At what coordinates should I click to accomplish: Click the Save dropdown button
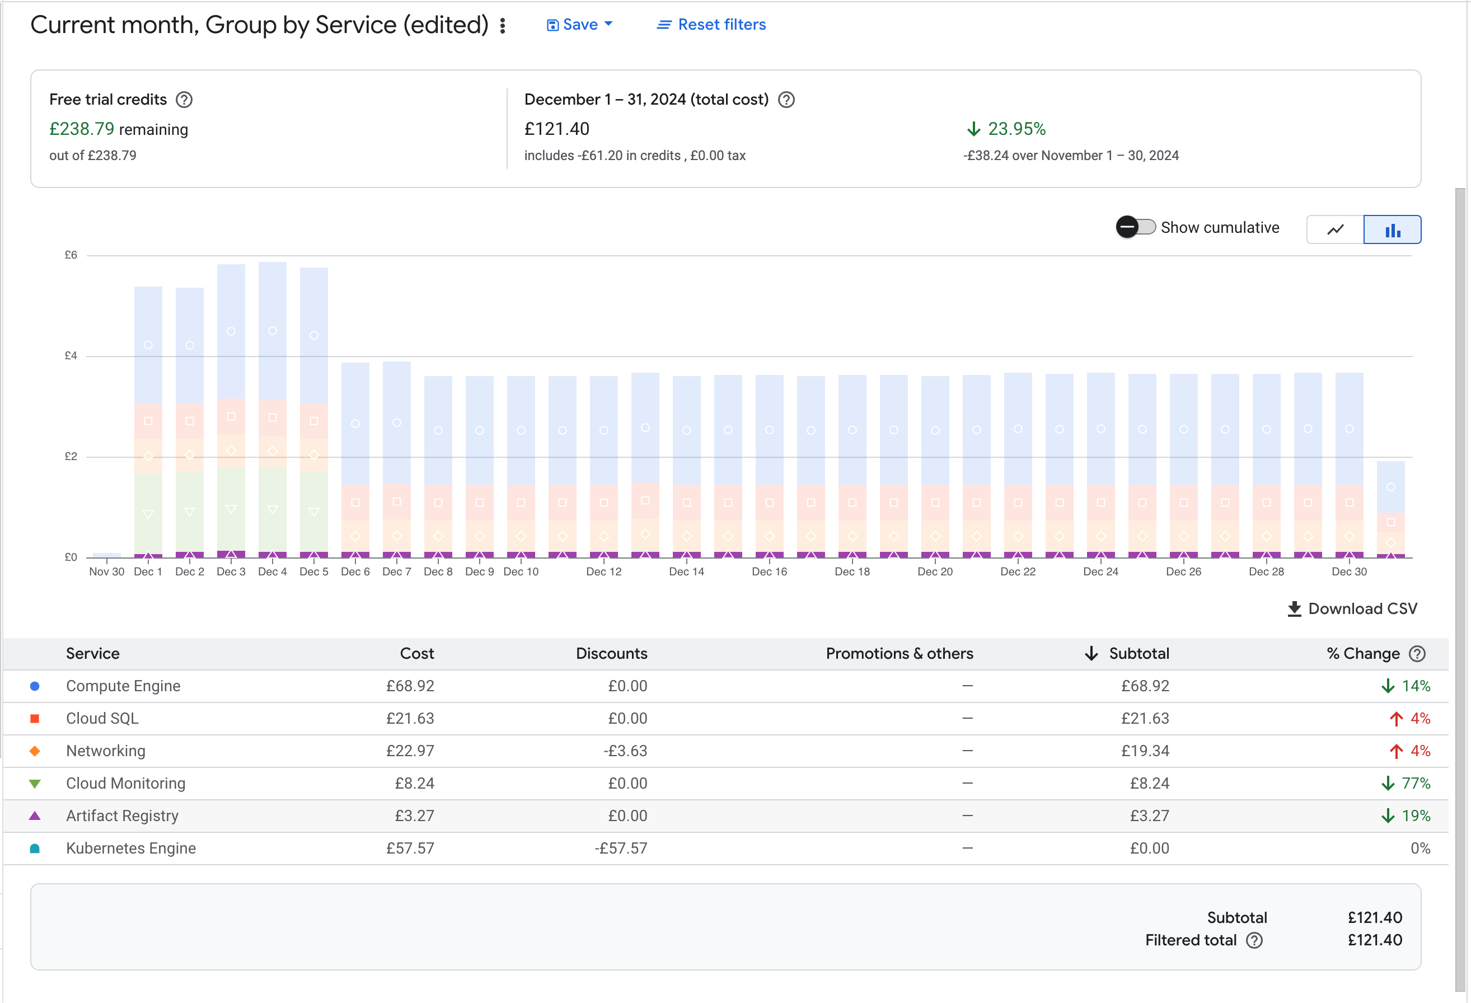[579, 25]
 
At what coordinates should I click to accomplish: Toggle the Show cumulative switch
[1136, 227]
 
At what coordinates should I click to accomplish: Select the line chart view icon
[1335, 229]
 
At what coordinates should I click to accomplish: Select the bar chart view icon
[1392, 229]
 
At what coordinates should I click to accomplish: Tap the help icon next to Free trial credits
[184, 100]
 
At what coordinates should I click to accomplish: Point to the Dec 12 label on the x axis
[603, 572]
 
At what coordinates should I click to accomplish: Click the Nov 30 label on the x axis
[106, 572]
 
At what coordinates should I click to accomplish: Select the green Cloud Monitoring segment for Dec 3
[231, 509]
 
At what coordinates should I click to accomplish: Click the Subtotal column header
[1138, 654]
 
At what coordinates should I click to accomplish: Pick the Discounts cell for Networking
[625, 751]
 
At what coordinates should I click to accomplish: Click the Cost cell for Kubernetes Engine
[410, 849]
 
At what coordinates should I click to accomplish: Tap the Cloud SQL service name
[102, 719]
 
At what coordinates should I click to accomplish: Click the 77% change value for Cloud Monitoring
[1415, 784]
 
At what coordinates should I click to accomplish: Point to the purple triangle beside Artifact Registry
[35, 816]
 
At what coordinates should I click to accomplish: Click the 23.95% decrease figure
[1016, 129]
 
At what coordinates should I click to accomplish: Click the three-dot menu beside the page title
[503, 25]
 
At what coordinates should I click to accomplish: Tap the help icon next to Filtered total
[1254, 941]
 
